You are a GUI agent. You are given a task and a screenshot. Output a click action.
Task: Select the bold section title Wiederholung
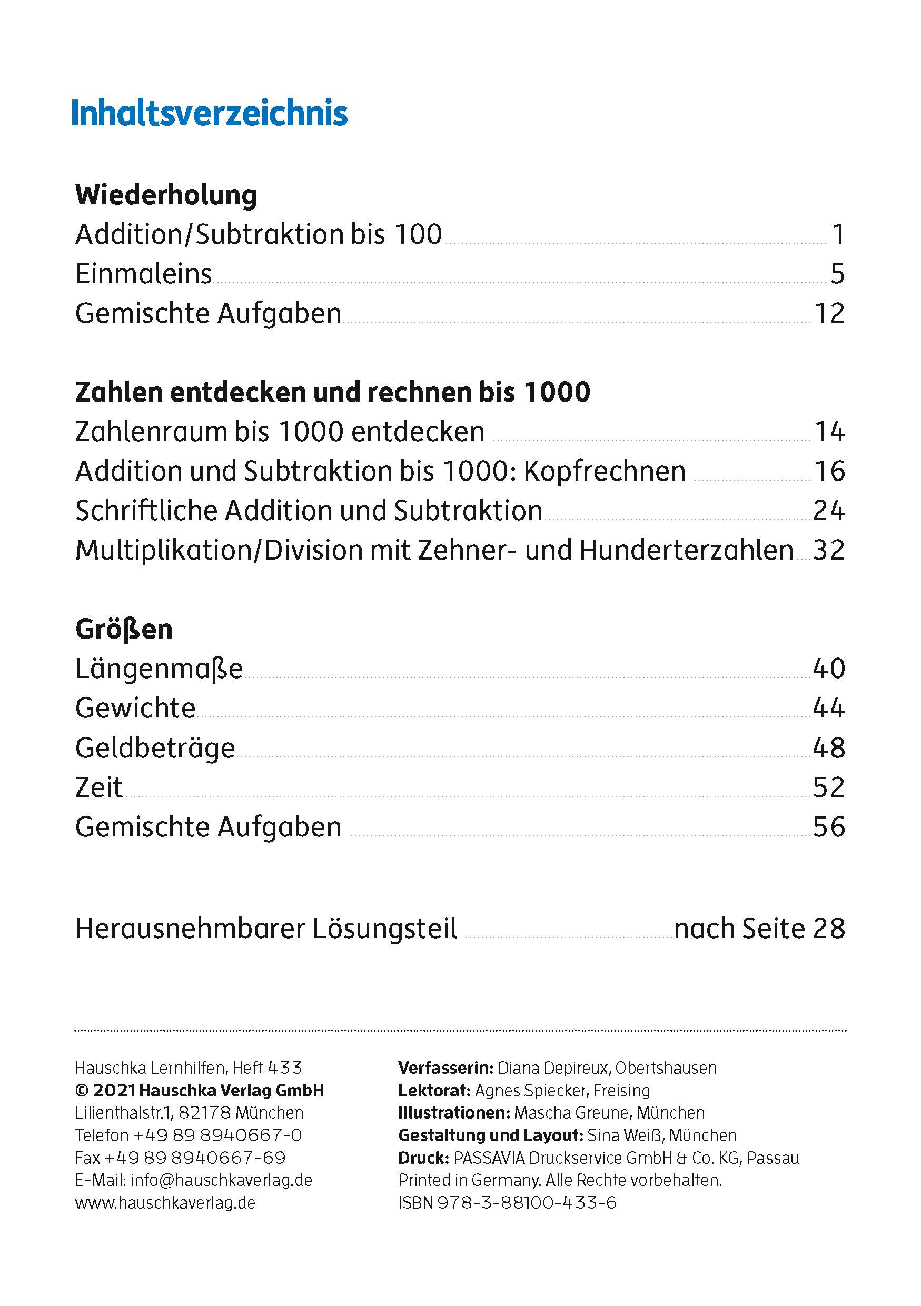(x=166, y=195)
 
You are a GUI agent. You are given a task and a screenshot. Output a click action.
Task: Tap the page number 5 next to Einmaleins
(x=837, y=274)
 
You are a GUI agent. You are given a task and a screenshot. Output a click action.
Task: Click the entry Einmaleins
(x=143, y=274)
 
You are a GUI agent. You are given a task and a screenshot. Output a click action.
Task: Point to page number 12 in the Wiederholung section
(x=829, y=313)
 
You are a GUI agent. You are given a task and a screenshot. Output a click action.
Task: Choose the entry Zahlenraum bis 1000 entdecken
(x=280, y=432)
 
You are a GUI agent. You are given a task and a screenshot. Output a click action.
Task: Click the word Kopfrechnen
(x=604, y=472)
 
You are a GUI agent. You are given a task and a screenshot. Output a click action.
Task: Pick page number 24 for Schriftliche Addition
(x=829, y=511)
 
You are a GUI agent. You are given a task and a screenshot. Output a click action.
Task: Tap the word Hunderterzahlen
(x=686, y=550)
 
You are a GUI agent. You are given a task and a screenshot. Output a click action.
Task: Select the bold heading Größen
(x=124, y=630)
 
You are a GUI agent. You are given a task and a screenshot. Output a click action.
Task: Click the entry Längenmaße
(x=159, y=669)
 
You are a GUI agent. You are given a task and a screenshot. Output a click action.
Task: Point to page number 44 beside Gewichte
(x=829, y=709)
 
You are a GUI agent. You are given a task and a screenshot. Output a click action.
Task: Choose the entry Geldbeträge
(x=155, y=748)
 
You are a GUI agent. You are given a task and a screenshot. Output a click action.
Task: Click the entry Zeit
(x=99, y=788)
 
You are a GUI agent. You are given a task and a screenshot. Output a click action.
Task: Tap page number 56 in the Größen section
(x=829, y=827)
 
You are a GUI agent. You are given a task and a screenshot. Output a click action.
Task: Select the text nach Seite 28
(x=759, y=929)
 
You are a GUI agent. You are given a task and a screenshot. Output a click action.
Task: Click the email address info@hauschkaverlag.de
(x=221, y=1180)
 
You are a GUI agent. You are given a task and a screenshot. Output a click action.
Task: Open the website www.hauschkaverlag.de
(x=165, y=1202)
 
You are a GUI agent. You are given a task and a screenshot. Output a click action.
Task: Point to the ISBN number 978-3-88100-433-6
(x=527, y=1202)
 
